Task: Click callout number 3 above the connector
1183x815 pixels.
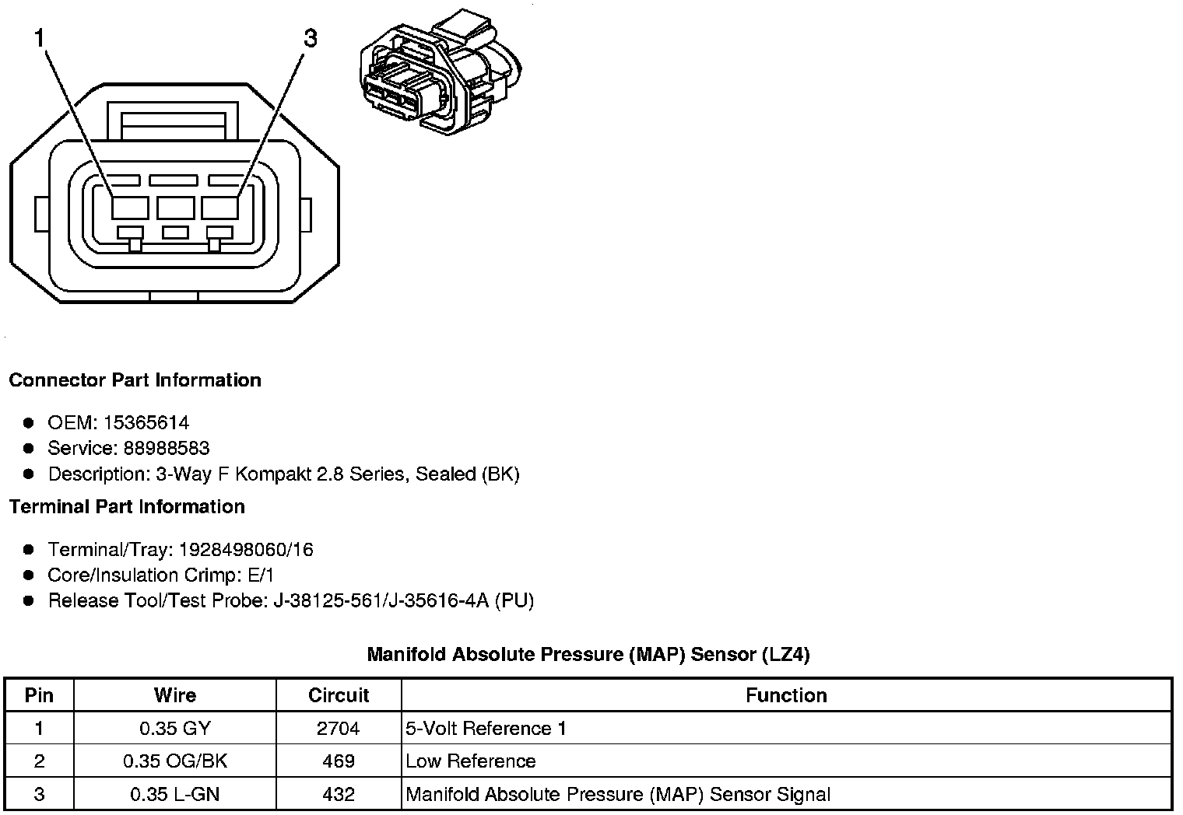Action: pos(311,38)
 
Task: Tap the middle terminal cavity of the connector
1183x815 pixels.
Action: pos(175,208)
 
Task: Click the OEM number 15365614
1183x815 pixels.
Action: pos(146,423)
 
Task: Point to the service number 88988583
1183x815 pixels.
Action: pos(167,449)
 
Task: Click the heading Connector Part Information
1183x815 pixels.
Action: pos(135,380)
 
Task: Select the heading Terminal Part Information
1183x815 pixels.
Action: pos(127,507)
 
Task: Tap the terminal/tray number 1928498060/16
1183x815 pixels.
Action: pos(246,550)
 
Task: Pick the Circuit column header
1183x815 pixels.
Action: pos(339,695)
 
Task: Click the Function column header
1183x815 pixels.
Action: pos(786,695)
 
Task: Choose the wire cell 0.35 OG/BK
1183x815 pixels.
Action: pos(175,761)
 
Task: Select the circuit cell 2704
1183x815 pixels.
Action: pos(339,729)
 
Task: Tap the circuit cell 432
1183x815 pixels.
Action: pos(339,795)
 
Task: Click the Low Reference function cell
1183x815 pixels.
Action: pos(471,761)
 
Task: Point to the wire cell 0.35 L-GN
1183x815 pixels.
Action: pos(175,795)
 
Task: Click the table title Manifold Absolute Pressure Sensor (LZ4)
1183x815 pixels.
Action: pos(588,655)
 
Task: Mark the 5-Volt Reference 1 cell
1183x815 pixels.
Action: pos(486,729)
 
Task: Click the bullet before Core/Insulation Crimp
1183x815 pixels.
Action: pos(29,575)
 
